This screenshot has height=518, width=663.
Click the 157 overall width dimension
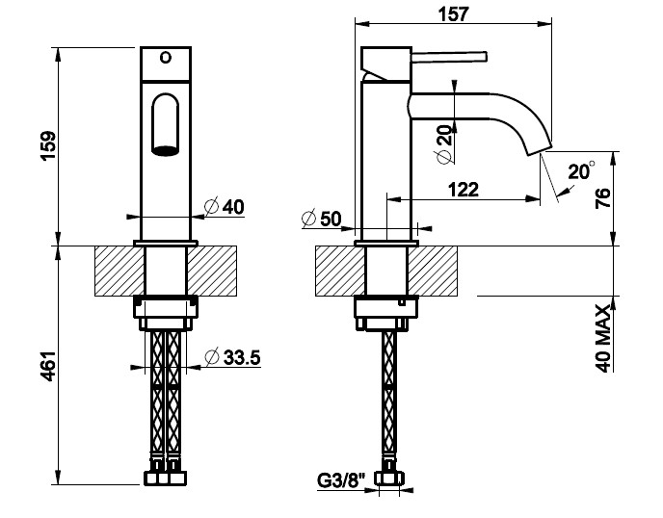coord(453,13)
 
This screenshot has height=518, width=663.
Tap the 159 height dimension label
coord(48,145)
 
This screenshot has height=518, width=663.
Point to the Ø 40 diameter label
coord(225,207)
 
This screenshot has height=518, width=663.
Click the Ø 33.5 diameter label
coord(232,357)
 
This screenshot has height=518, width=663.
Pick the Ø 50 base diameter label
coord(321,219)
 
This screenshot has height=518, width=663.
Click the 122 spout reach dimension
coord(464,190)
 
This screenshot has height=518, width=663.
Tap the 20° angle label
coord(581,171)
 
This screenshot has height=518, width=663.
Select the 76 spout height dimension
coord(603,198)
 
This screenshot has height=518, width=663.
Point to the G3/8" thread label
coord(341,480)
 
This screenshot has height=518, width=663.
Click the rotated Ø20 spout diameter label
coord(444,143)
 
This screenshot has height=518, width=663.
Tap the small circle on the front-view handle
coord(166,57)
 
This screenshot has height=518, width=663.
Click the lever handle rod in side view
coord(449,57)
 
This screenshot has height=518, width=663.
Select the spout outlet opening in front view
coord(166,151)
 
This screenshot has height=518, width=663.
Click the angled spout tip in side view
coord(539,150)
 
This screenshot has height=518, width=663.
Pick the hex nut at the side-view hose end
coord(389,479)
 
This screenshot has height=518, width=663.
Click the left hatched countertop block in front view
coord(119,271)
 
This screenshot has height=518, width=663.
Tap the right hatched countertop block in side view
coord(433,271)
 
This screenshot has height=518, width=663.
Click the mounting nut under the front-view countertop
coord(166,313)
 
